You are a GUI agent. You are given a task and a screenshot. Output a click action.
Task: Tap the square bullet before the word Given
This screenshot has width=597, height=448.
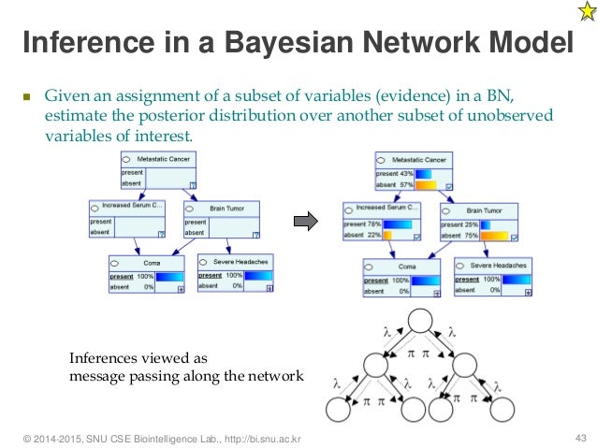tap(27, 96)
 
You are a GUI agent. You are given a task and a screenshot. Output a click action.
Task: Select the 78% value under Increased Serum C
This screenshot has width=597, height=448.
tap(376, 224)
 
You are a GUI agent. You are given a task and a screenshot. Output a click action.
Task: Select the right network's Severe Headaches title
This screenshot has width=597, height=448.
tap(499, 267)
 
